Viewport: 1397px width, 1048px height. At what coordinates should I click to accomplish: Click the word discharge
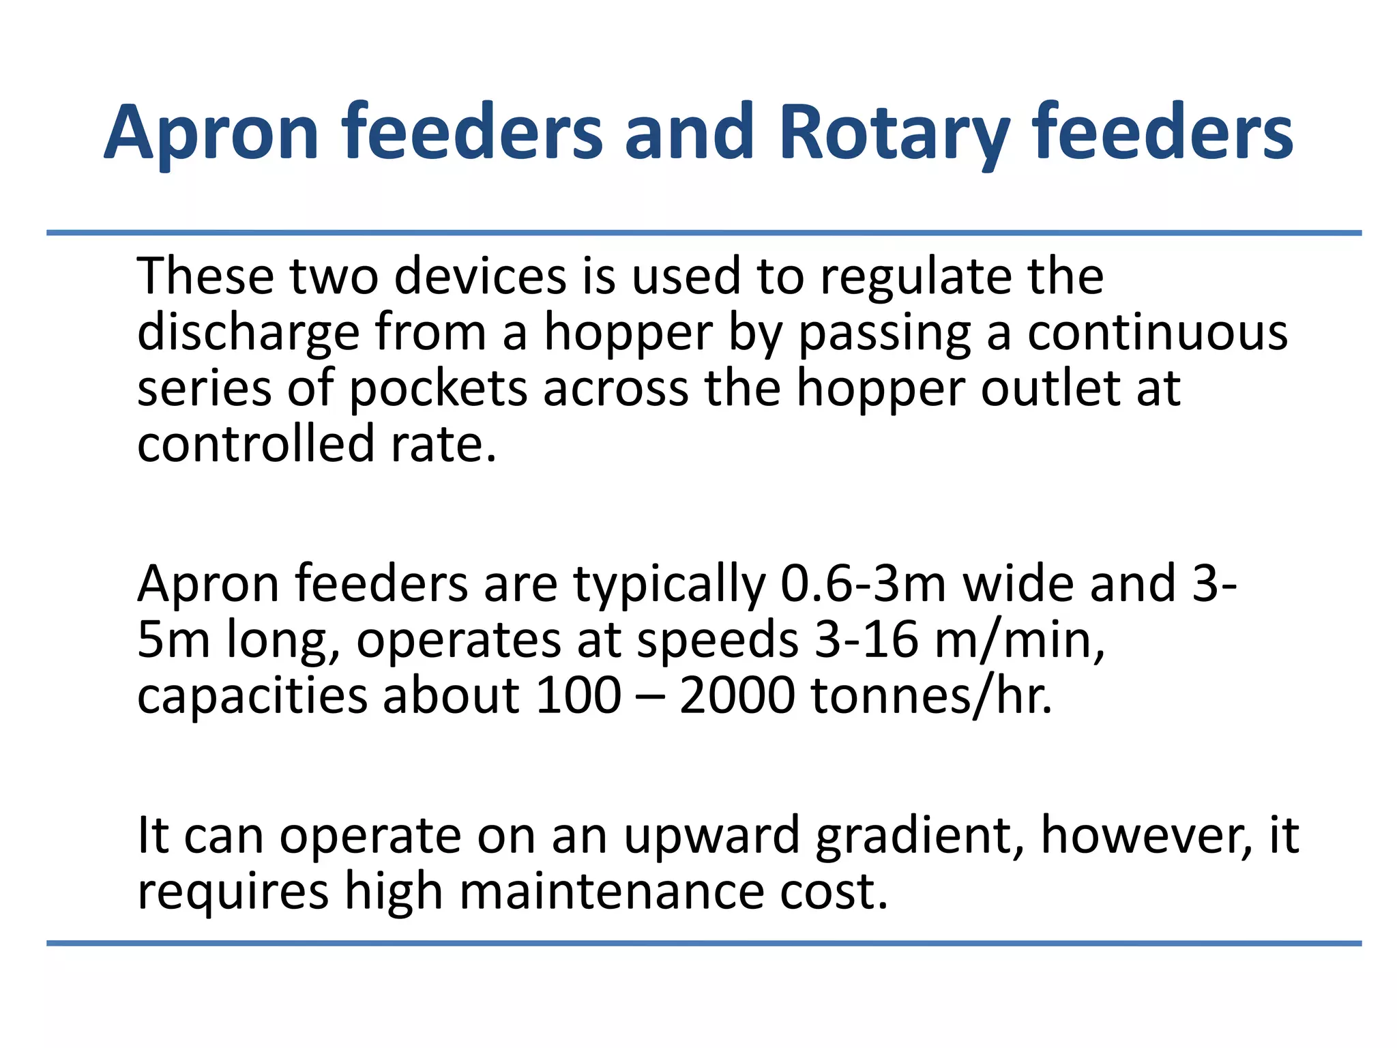pyautogui.click(x=248, y=333)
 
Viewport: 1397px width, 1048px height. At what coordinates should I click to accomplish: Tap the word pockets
pyautogui.click(x=438, y=389)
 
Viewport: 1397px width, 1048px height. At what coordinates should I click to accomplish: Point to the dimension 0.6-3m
pyautogui.click(x=863, y=584)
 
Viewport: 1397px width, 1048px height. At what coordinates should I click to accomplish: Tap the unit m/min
pyautogui.click(x=1019, y=641)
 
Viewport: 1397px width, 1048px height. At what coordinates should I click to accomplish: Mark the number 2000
pyautogui.click(x=737, y=696)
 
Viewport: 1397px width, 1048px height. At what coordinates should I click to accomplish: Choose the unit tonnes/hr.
pyautogui.click(x=931, y=697)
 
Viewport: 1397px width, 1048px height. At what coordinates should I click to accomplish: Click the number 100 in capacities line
pyautogui.click(x=578, y=696)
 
